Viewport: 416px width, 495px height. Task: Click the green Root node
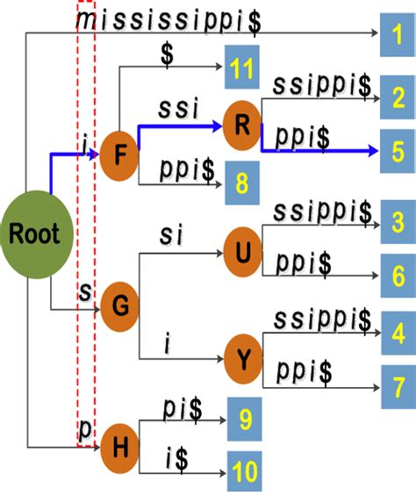pyautogui.click(x=34, y=234)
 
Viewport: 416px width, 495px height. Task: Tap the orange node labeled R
pyautogui.click(x=243, y=124)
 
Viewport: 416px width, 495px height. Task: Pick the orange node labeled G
pyautogui.click(x=119, y=305)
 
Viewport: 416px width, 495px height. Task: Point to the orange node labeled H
pyautogui.click(x=119, y=446)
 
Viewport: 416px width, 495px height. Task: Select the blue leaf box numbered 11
pyautogui.click(x=242, y=68)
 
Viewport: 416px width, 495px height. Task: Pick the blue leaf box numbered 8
pyautogui.click(x=242, y=183)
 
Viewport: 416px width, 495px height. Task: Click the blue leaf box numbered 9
pyautogui.click(x=246, y=420)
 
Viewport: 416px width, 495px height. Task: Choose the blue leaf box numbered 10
pyautogui.click(x=246, y=470)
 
